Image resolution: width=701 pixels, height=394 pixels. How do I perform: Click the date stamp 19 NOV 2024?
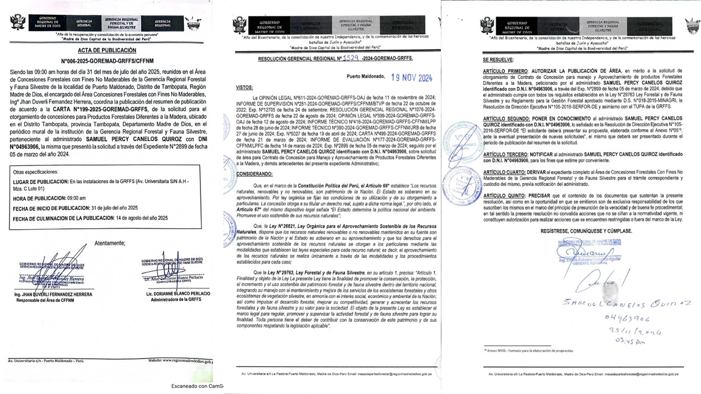[411, 78]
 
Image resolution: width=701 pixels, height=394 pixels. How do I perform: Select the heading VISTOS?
[245, 87]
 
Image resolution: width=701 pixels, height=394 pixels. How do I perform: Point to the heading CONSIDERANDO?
[254, 173]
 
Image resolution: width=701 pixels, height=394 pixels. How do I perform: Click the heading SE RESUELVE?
[498, 59]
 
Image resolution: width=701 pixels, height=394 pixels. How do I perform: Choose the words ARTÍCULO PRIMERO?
[504, 71]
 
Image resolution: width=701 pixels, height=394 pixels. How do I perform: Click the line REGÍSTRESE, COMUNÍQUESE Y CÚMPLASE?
[586, 231]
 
